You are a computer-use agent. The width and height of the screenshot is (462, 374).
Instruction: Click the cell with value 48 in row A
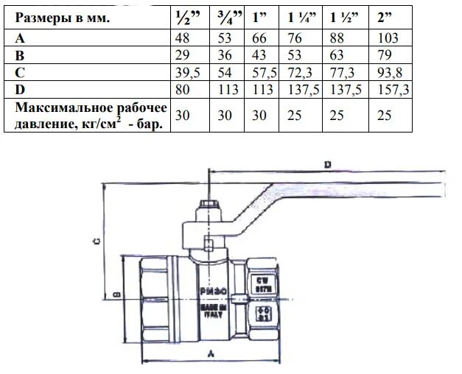click(x=182, y=38)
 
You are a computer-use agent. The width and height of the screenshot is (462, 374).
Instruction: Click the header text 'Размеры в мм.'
click(x=62, y=18)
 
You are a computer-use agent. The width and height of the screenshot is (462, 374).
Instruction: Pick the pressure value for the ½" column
click(x=182, y=115)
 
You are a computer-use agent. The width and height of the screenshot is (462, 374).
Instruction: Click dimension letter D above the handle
click(x=326, y=163)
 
